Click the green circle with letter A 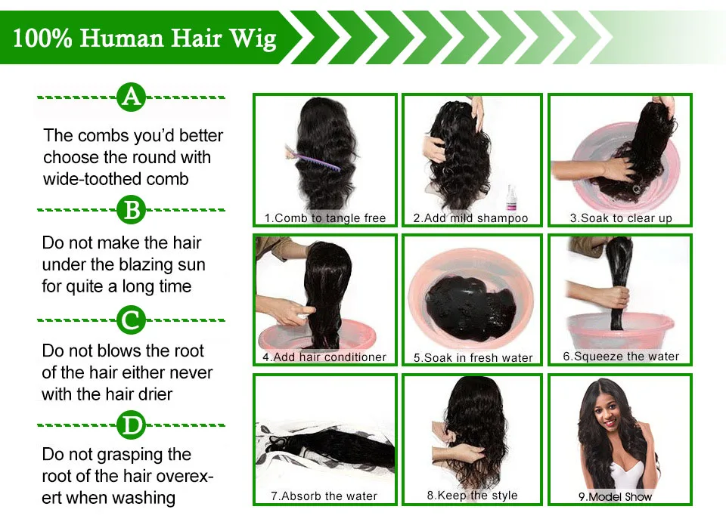tap(131, 97)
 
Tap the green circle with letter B tap(131, 209)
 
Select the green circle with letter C tap(131, 320)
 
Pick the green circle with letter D tap(131, 425)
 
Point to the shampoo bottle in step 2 tap(512, 197)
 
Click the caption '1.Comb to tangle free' tap(325, 218)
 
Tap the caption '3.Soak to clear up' tap(621, 218)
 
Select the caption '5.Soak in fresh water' tap(473, 357)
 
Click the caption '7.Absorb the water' tap(324, 496)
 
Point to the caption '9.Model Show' tap(616, 497)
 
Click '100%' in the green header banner tap(42, 38)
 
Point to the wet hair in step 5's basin tap(471, 306)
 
